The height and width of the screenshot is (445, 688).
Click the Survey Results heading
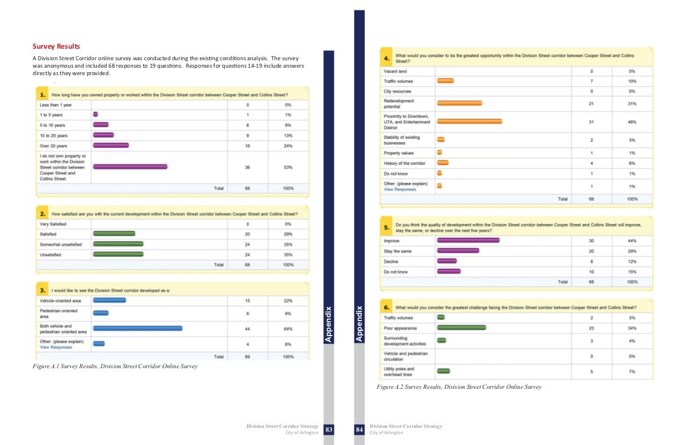point(56,46)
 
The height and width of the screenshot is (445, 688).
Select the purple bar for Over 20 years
point(111,146)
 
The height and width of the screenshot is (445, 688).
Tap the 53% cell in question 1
point(288,167)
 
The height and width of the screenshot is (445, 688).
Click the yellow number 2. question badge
point(43,214)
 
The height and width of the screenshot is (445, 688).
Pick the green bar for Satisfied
point(114,234)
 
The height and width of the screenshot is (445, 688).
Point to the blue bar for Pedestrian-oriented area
point(101,313)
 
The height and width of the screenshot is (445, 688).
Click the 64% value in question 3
point(288,329)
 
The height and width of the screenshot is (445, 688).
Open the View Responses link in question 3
point(56,348)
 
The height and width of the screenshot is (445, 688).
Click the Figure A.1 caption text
point(115,366)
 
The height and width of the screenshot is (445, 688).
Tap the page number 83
point(329,430)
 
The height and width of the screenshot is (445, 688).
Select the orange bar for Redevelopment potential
point(459,104)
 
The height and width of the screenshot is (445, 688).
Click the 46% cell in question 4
point(632,122)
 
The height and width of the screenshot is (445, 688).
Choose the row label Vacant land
point(395,71)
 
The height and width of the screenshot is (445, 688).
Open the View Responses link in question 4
point(400,189)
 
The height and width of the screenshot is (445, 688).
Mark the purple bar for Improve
point(468,241)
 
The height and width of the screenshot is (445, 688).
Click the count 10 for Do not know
point(591,272)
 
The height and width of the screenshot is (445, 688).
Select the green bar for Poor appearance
point(462,328)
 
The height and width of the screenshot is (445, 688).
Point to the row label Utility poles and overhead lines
point(399,372)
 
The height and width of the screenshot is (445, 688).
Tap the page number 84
point(359,430)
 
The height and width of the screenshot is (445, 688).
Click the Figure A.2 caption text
point(459,387)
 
